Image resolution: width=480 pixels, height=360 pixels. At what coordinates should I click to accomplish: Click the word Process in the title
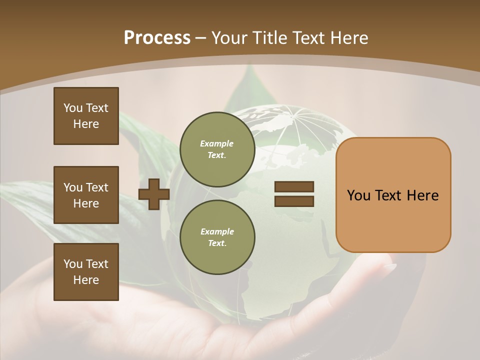pos(157,38)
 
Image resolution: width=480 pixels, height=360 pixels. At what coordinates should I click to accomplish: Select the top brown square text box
pos(86,116)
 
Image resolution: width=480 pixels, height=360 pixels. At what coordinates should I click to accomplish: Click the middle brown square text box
pos(86,195)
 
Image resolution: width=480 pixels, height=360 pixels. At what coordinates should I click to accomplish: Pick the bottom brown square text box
pos(86,272)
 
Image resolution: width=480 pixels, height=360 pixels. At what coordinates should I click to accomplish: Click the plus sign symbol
pos(153,194)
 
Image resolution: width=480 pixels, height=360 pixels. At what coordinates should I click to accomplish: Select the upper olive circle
pos(217,149)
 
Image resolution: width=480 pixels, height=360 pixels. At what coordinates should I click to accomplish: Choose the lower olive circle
pos(217,237)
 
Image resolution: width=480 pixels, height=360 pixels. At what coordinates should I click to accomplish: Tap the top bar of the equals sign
pos(294,187)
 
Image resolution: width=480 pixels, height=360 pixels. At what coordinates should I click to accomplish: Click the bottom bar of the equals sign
pos(294,201)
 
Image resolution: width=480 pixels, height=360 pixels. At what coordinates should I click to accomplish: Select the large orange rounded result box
pos(393,195)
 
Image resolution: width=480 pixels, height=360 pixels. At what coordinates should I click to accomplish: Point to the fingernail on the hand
pos(389,267)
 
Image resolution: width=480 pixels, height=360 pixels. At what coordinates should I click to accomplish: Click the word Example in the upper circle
pos(217,143)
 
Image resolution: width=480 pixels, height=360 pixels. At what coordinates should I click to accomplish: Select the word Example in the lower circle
pos(217,231)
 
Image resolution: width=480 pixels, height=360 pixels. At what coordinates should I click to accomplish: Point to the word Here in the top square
pos(86,124)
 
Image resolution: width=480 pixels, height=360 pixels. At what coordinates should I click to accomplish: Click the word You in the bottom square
pos(72,264)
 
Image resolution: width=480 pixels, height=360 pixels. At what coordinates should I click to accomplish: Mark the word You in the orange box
pos(358,195)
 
